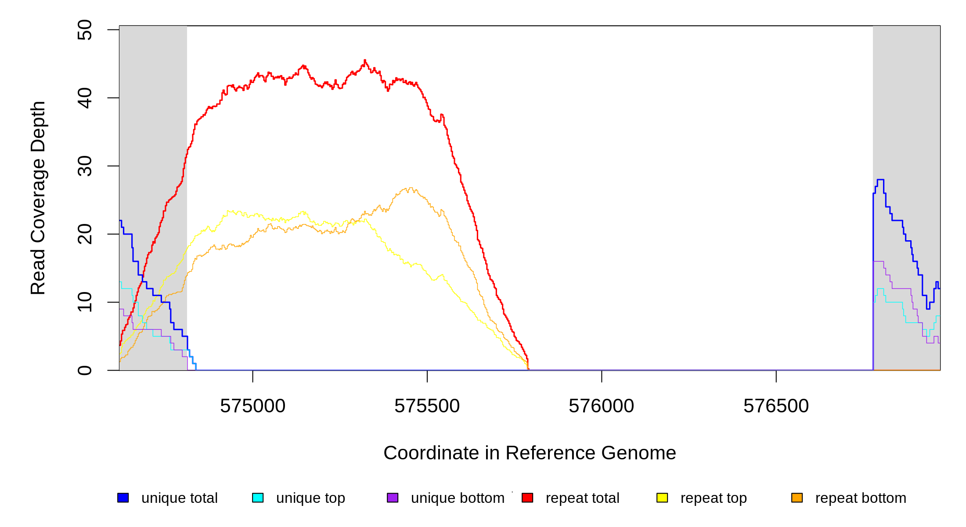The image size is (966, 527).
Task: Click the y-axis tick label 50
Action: click(x=84, y=30)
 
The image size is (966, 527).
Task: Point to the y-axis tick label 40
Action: click(x=84, y=98)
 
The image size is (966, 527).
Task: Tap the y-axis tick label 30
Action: click(x=84, y=166)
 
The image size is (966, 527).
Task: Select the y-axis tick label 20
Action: click(x=84, y=234)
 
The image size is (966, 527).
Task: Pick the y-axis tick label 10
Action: click(x=84, y=302)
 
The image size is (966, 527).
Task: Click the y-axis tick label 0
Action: click(x=84, y=370)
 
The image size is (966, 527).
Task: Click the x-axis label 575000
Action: click(x=252, y=406)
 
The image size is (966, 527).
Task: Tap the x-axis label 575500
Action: click(x=427, y=406)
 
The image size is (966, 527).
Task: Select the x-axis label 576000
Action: click(x=601, y=406)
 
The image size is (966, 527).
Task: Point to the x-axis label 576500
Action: click(x=776, y=406)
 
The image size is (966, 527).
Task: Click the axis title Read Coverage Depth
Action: click(x=38, y=198)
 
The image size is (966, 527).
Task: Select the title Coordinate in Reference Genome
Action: click(x=530, y=453)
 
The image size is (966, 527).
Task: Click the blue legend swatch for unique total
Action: click(x=123, y=498)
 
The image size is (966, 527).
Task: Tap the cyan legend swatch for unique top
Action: click(x=258, y=498)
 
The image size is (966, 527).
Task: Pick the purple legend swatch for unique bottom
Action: click(x=393, y=498)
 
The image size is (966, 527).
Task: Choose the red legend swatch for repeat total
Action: click(x=527, y=498)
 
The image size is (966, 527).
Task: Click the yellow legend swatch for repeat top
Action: click(x=662, y=498)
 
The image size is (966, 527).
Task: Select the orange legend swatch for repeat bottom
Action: click(x=797, y=498)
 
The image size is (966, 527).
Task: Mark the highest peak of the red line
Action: click(x=365, y=60)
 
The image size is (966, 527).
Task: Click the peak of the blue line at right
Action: click(x=880, y=180)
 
